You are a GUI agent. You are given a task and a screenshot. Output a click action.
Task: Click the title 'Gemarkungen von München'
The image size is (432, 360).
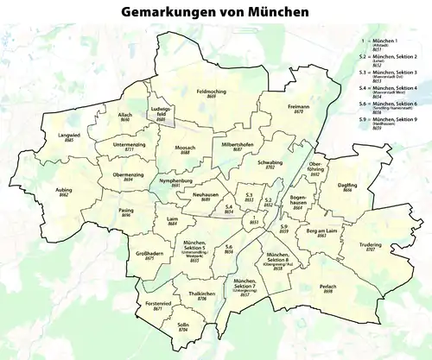(x=216, y=14)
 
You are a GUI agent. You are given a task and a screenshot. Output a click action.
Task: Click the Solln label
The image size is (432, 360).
(x=183, y=324)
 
